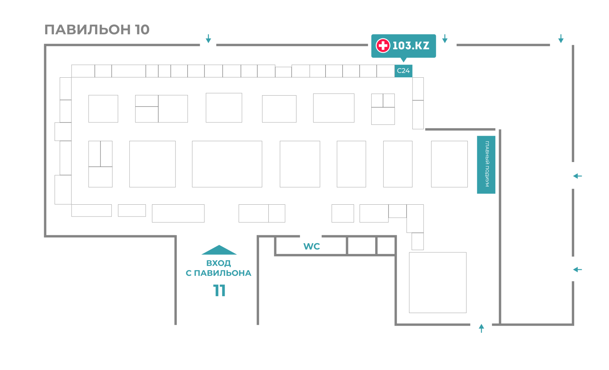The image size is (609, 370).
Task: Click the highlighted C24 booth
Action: [403, 71]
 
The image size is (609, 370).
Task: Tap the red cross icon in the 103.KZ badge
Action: [383, 46]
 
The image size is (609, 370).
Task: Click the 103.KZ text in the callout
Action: [411, 46]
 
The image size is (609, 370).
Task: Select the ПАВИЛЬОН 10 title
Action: [97, 30]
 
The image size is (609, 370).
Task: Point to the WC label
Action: [312, 246]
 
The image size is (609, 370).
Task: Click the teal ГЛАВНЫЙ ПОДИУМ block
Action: [486, 165]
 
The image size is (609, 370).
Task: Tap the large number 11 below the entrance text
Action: [219, 290]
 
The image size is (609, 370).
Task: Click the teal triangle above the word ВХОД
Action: [219, 250]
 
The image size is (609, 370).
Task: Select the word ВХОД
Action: [218, 263]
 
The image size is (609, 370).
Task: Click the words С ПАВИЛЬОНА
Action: [218, 273]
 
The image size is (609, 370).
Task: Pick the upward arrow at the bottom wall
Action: [481, 328]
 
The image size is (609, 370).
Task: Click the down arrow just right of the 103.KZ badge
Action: [445, 39]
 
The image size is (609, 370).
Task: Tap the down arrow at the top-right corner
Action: [561, 39]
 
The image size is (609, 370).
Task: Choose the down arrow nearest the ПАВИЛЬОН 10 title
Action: [208, 39]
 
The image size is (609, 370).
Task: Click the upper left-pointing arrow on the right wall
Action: [577, 176]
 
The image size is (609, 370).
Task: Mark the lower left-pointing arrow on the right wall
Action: [577, 270]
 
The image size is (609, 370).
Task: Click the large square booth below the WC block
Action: [437, 283]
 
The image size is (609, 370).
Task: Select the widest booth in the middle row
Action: [227, 164]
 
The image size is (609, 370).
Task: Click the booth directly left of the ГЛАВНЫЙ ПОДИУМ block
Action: [449, 164]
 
